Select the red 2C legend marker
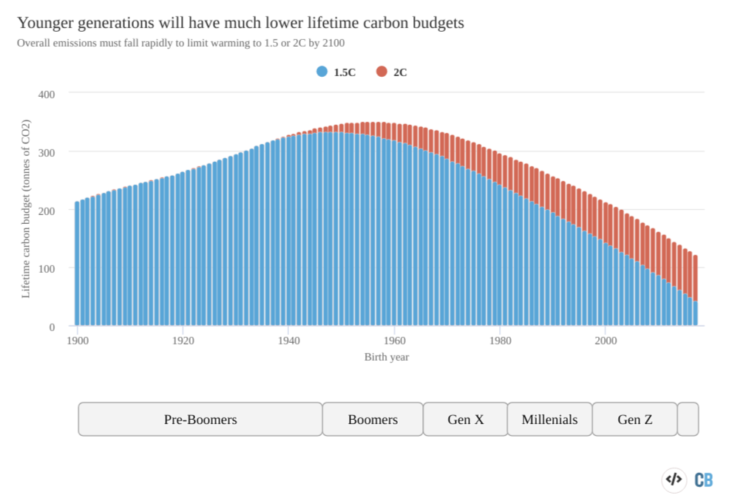tap(382, 72)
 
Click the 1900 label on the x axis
tap(78, 341)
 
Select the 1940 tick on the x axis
tap(289, 341)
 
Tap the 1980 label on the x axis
tap(501, 341)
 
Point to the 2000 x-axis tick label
tap(606, 341)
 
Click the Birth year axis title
tap(387, 357)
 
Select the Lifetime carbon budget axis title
tap(26, 208)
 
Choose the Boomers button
tap(373, 419)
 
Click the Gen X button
tap(466, 419)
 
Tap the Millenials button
tap(549, 419)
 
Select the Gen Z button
tap(635, 419)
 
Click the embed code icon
tap(674, 479)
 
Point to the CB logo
tap(704, 480)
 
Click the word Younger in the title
tap(45, 23)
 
